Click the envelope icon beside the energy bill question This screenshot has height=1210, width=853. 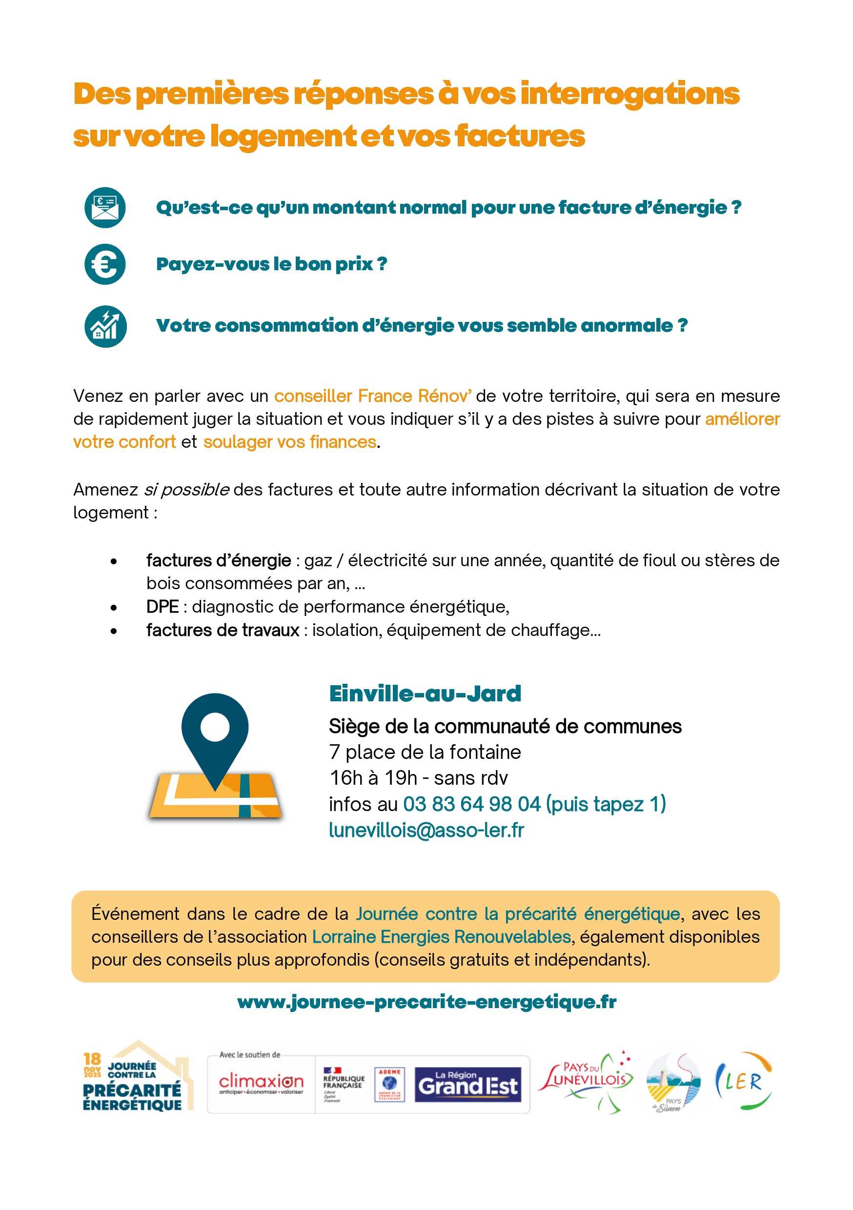coord(105,207)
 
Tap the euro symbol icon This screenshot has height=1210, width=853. coord(105,264)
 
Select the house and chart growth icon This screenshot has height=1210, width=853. coord(105,326)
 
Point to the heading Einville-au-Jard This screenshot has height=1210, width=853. coord(425,694)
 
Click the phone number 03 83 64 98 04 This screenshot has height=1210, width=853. coord(472,804)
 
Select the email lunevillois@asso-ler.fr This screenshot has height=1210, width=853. coord(426,830)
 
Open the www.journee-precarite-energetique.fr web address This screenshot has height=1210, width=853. coord(426,1001)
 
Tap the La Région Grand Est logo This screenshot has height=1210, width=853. coord(467,1084)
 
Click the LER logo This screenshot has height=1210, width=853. coord(743,1081)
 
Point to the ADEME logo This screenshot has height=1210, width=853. coord(389,1084)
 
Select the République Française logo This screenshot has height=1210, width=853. coord(343,1084)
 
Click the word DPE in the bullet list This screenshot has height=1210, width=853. coord(162,607)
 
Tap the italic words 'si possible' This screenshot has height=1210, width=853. coord(186,490)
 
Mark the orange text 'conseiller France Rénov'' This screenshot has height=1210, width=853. coord(373,396)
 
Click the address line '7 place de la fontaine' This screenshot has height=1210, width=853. coord(425,752)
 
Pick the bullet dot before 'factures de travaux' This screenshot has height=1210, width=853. coord(114,631)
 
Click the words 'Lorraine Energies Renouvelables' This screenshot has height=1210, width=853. coord(441,936)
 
